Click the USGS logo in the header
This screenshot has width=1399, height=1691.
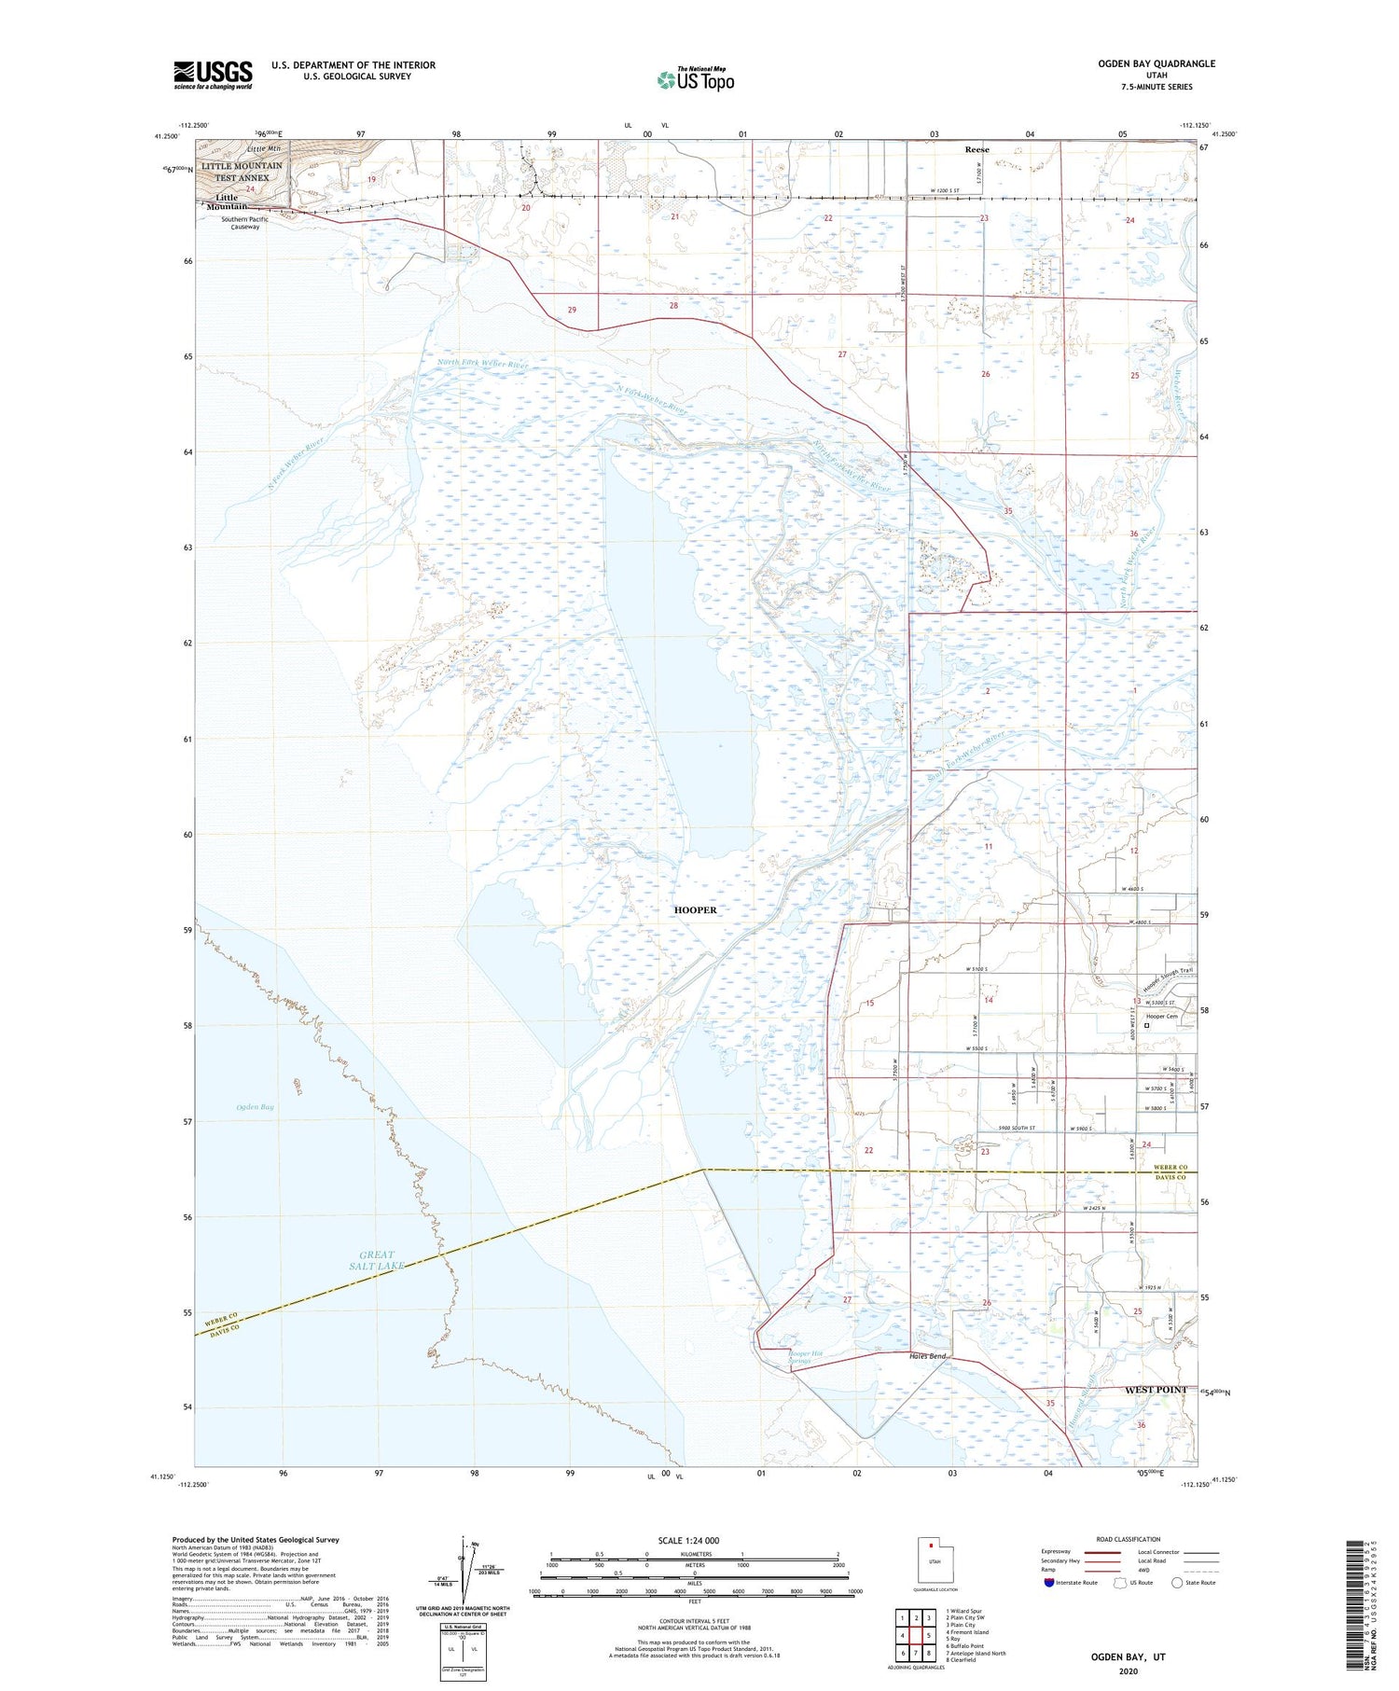point(213,75)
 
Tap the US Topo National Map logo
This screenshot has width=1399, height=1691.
point(695,79)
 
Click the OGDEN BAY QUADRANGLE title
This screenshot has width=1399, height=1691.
point(1157,63)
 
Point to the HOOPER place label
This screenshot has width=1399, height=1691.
point(696,909)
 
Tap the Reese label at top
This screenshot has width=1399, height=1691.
point(977,149)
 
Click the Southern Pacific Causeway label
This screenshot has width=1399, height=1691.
point(245,223)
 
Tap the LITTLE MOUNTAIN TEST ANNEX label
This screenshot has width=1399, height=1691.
point(242,172)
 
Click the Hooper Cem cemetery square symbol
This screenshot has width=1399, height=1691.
point(1146,1026)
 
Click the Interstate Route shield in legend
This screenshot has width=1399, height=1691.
point(1048,1583)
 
